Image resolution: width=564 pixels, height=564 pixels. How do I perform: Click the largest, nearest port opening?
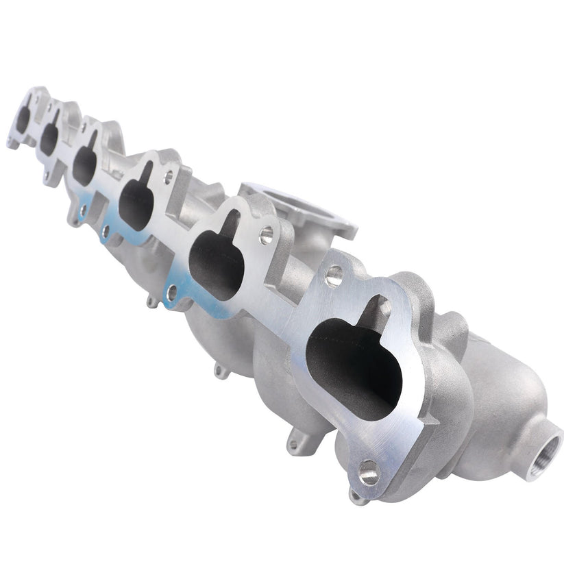353,363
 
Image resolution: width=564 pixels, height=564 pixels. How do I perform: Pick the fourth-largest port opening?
85,163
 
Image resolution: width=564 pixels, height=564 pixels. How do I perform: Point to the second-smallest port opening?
49,137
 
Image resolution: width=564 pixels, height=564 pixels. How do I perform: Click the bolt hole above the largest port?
334,275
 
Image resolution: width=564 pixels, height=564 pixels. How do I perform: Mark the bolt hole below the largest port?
369,472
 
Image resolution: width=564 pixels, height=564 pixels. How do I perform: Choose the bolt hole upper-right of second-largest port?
266,236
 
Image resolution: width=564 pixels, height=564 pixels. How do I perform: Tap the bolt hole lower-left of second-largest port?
171,293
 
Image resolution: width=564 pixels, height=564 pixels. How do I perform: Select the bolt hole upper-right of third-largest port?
168,177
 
